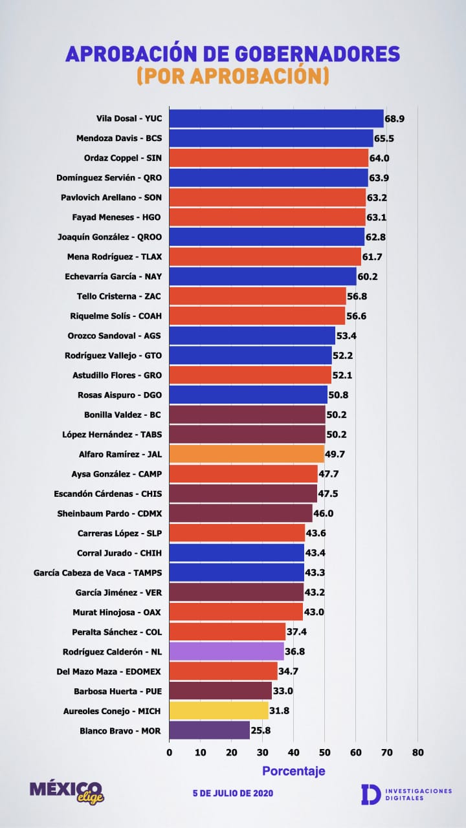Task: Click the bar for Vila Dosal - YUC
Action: point(276,119)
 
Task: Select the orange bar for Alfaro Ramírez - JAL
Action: point(247,454)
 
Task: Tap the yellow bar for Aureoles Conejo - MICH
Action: point(219,711)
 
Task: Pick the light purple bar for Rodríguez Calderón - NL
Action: point(227,651)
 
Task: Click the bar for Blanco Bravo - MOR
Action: point(209,730)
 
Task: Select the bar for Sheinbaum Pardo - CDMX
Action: point(241,514)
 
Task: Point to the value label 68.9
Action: point(395,119)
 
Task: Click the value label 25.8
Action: point(261,730)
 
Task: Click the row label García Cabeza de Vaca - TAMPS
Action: point(98,572)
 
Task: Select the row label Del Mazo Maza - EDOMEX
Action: point(109,671)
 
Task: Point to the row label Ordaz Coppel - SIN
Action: point(123,158)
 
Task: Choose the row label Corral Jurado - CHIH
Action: point(119,553)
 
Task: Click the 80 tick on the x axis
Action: point(417,752)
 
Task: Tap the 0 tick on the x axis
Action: point(170,752)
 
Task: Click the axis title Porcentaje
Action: point(293,771)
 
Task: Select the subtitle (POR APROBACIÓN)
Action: point(232,76)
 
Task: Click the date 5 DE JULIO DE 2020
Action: point(232,793)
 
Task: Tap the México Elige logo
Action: point(67,791)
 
